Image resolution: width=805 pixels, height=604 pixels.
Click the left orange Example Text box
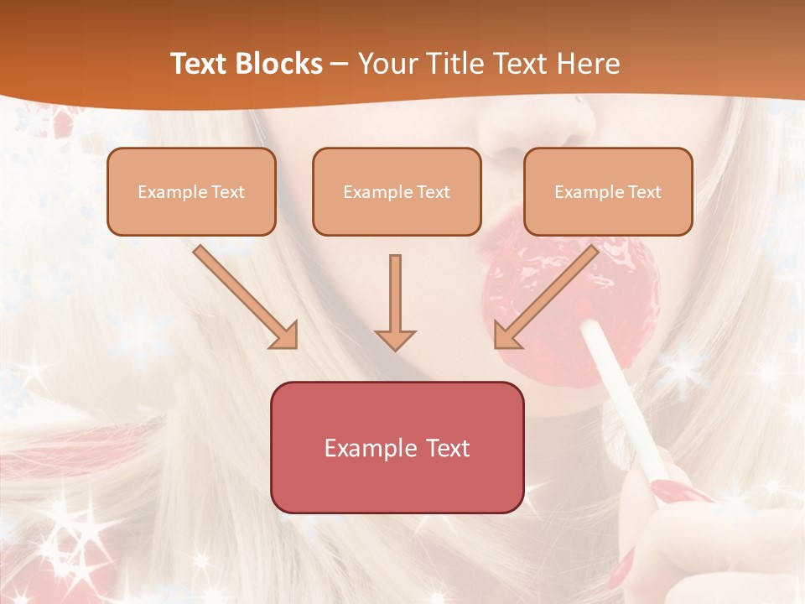tap(191, 191)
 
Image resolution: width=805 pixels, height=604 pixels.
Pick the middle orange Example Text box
tap(397, 191)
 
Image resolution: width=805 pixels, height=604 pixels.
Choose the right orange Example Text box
tap(608, 191)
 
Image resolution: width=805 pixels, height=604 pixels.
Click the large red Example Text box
tap(397, 447)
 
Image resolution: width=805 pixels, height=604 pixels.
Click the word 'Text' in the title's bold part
tap(198, 64)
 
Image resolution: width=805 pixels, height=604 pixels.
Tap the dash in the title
tap(340, 64)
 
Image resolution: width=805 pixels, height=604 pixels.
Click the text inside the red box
tap(397, 448)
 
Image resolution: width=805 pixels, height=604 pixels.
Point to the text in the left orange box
tap(191, 192)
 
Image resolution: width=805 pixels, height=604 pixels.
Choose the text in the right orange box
tap(608, 192)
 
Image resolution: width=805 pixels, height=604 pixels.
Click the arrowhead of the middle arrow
tap(395, 339)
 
